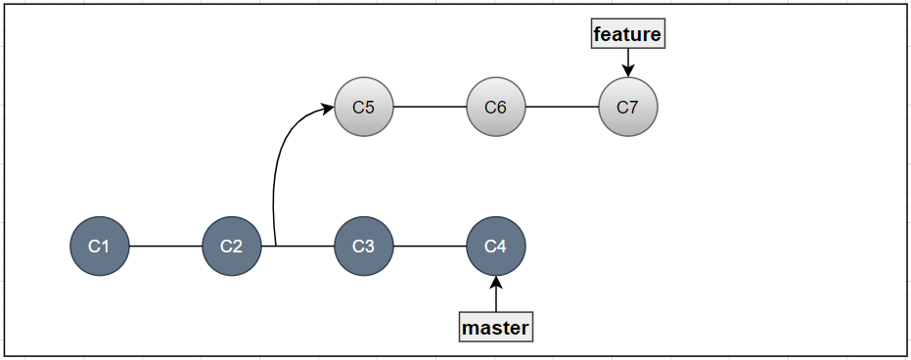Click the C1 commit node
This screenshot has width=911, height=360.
coord(100,247)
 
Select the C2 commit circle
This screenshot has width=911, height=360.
coord(232,247)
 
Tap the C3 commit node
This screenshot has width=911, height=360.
coord(364,247)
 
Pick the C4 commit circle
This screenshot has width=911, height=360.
coord(496,247)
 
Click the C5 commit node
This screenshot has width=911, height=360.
coord(364,107)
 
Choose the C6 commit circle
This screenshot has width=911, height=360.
coord(496,107)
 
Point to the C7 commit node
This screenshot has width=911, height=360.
coord(628,107)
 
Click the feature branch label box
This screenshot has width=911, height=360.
coord(628,35)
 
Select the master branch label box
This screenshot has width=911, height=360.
coord(496,327)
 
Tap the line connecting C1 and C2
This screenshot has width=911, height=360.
coord(165,247)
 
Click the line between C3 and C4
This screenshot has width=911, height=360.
coord(430,247)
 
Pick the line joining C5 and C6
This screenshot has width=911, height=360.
coord(430,107)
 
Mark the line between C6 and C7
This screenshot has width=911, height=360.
coord(562,107)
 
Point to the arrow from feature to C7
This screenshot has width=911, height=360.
coord(628,60)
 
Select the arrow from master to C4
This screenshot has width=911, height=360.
coord(496,296)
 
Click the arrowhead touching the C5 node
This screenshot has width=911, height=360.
coord(328,109)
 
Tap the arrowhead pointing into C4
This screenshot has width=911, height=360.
coord(496,283)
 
